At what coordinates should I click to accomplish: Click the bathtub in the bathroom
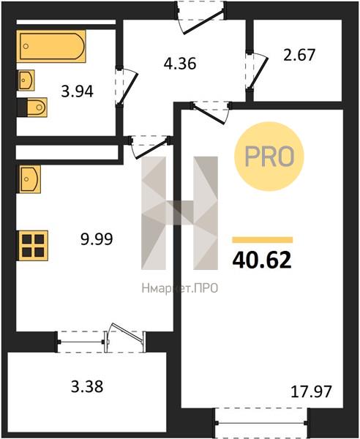click(51, 46)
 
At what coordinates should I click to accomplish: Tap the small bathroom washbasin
click(26, 80)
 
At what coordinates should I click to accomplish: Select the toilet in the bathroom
click(37, 108)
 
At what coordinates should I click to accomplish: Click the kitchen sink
click(30, 179)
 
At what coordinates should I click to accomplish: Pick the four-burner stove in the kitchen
click(34, 246)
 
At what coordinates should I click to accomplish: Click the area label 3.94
click(78, 91)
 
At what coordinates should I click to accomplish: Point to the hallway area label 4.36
click(180, 64)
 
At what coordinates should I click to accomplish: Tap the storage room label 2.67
click(299, 55)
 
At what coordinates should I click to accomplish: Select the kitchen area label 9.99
click(97, 239)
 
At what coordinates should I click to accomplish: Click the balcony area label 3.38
click(87, 386)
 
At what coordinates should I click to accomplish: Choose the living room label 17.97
click(311, 391)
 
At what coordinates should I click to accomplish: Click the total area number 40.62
click(262, 260)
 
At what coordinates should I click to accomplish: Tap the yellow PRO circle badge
click(269, 157)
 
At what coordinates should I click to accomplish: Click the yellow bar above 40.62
click(262, 240)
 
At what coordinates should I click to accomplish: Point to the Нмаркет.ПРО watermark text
click(180, 288)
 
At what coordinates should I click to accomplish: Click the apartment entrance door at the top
click(201, 18)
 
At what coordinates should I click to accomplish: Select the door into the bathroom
click(126, 86)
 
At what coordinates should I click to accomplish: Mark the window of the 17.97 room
click(261, 423)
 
